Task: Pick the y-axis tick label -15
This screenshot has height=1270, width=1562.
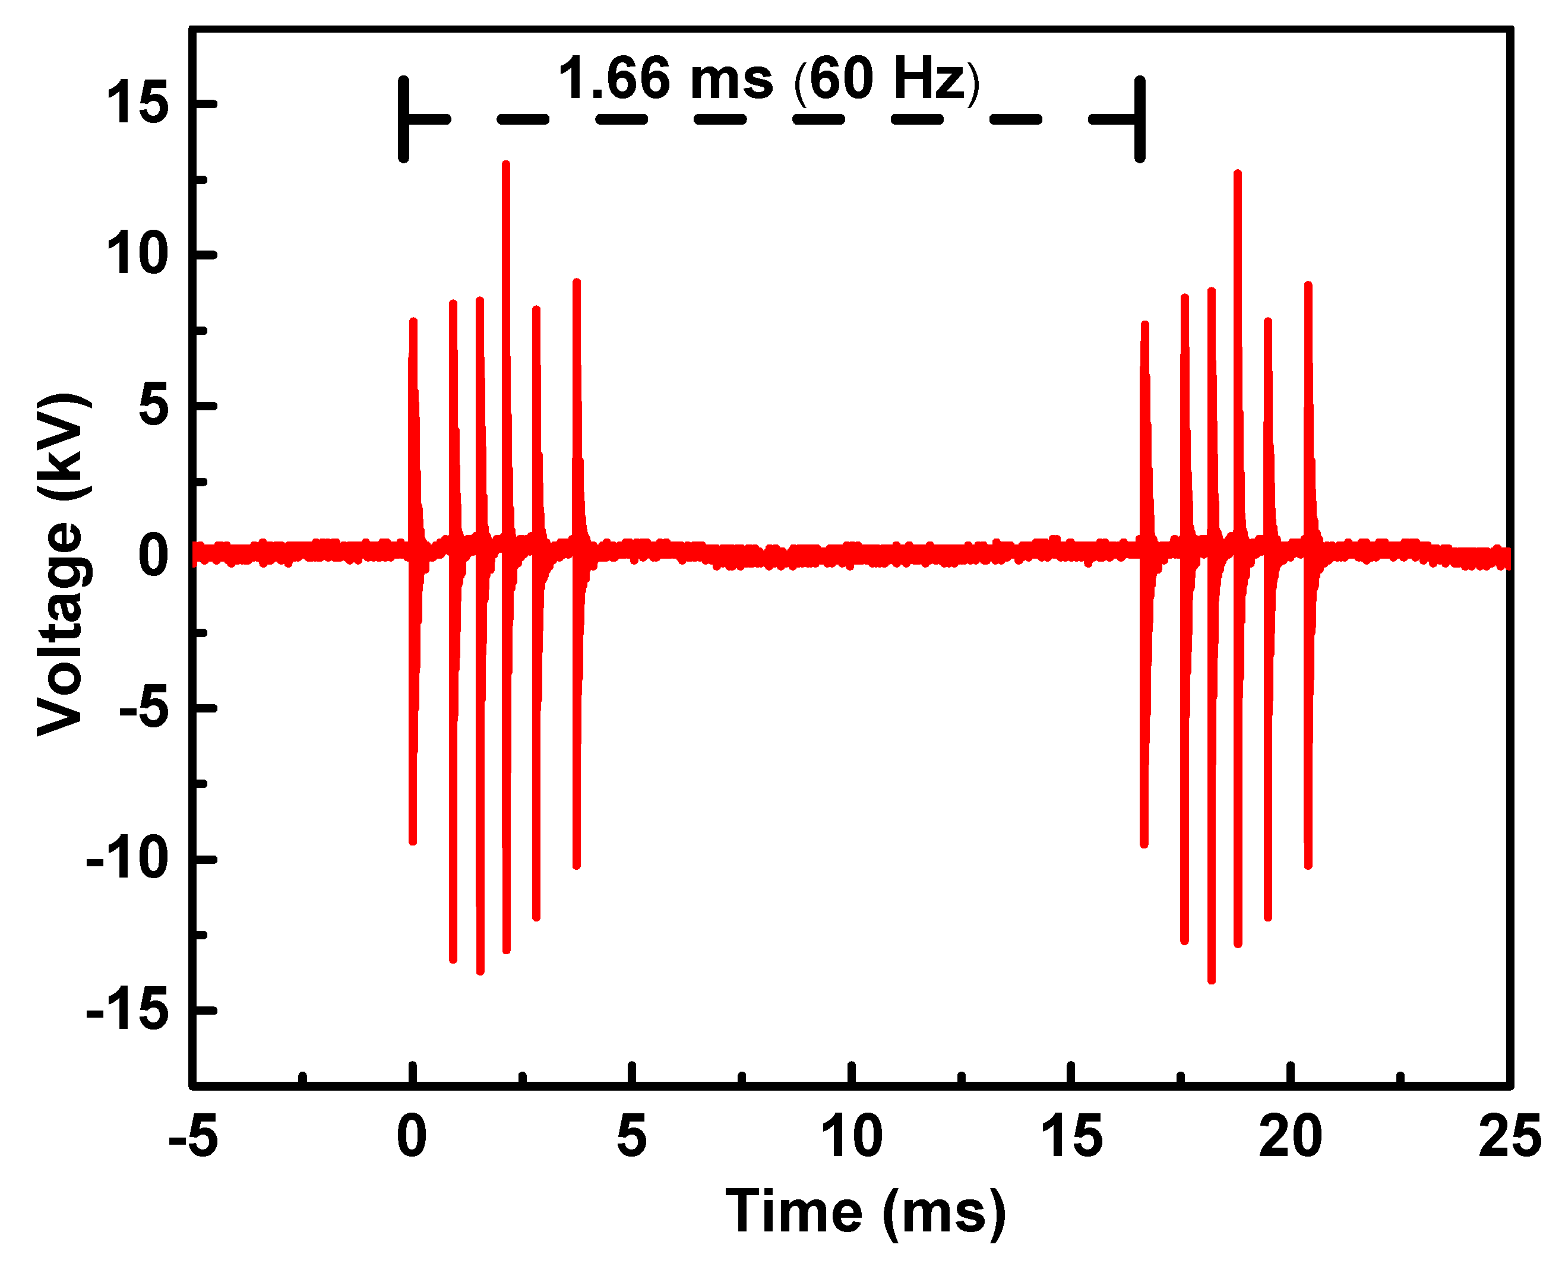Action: pos(127,1011)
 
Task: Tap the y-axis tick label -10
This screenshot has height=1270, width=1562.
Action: pos(127,860)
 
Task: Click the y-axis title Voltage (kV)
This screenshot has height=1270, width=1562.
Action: pos(62,563)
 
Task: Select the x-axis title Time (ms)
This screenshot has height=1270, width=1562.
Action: pos(865,1212)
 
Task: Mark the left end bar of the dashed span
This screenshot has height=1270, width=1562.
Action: pos(403,119)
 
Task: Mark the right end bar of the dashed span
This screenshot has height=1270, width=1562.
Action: pos(1139,119)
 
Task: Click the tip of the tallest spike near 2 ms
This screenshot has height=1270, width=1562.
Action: pos(505,164)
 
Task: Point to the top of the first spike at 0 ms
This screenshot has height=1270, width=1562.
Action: pos(413,321)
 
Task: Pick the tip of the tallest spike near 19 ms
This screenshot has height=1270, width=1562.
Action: pos(1237,173)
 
